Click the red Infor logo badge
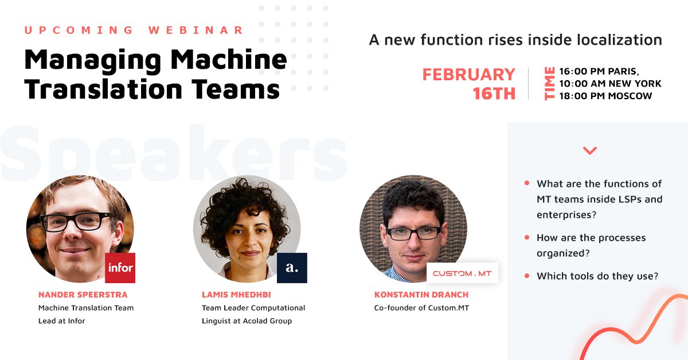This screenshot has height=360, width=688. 120,268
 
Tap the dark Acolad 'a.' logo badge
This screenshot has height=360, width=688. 292,268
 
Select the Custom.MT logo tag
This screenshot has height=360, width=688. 462,273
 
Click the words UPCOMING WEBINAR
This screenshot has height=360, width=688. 134,30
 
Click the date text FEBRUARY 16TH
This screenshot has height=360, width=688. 469,84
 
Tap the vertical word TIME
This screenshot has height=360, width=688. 549,84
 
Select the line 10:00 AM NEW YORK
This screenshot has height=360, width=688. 610,84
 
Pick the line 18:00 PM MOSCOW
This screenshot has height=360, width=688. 605,96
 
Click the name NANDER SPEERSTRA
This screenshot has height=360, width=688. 83,295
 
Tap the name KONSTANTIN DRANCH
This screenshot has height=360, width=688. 421,295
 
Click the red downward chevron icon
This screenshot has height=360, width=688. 589,151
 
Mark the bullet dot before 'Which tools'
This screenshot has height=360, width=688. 527,276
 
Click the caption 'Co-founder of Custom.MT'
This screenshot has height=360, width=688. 422,308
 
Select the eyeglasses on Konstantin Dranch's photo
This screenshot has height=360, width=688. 413,233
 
